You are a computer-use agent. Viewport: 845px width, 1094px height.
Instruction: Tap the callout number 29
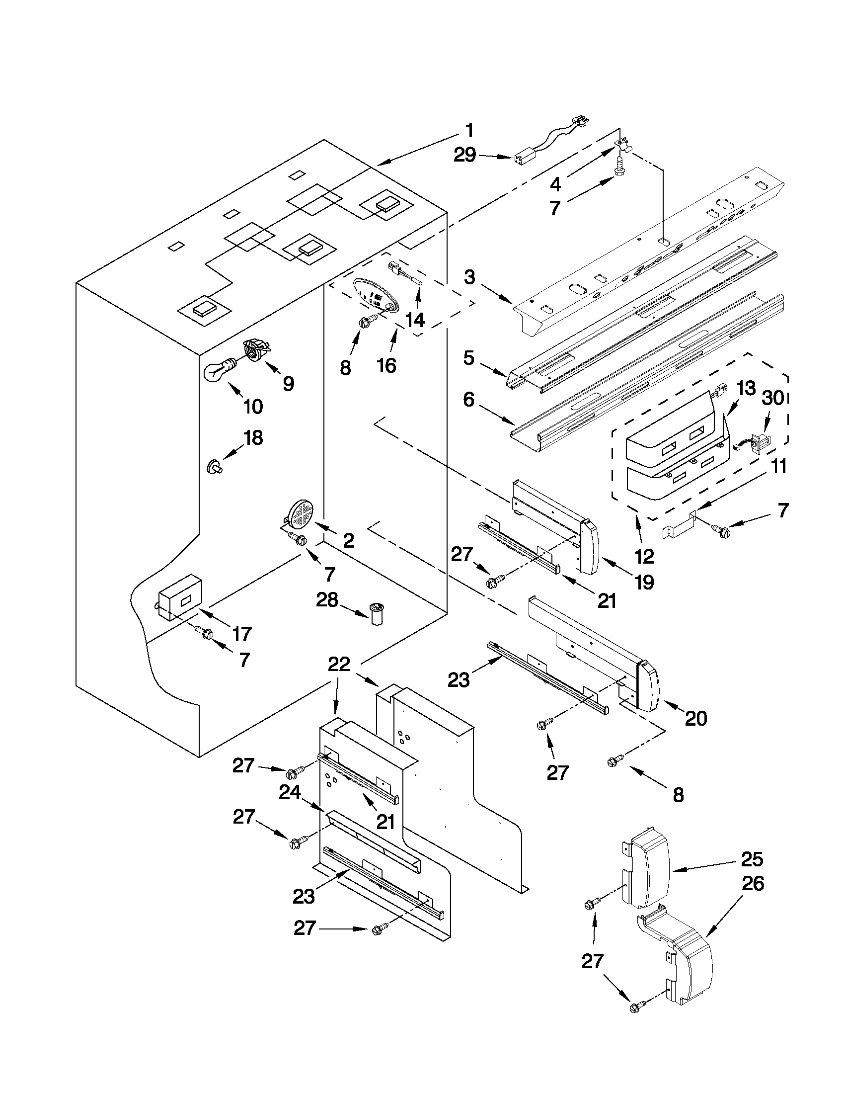[464, 155]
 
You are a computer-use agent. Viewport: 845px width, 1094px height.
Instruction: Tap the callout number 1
[469, 131]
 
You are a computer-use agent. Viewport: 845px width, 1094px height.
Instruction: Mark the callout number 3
[469, 277]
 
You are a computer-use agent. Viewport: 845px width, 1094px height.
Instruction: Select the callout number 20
[695, 718]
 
